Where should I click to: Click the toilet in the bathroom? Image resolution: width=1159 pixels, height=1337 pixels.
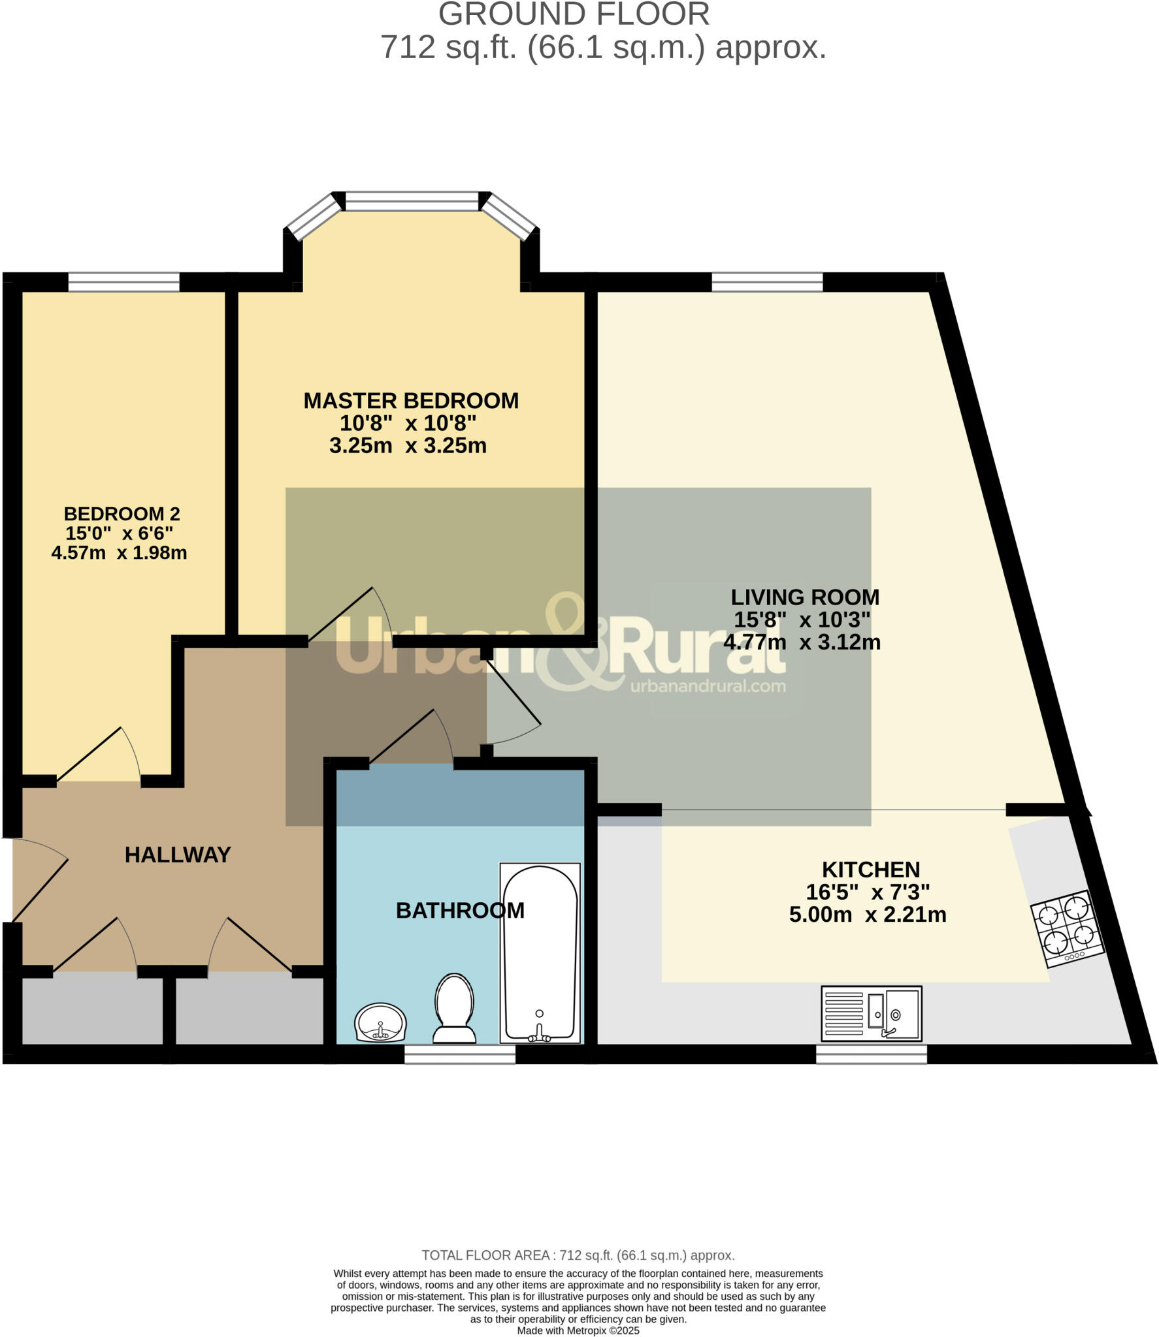pyautogui.click(x=454, y=1009)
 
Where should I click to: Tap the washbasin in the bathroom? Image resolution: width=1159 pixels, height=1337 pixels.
pyautogui.click(x=381, y=1023)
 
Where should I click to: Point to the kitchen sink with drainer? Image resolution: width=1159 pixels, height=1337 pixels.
pyautogui.click(x=871, y=1014)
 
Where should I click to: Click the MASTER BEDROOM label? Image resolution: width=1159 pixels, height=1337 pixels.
pyautogui.click(x=411, y=401)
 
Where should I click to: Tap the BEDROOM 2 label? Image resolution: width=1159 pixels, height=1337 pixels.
pyautogui.click(x=122, y=514)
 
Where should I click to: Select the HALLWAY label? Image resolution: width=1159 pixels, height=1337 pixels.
pyautogui.click(x=178, y=855)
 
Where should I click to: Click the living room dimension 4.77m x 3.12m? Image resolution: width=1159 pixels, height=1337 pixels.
pyautogui.click(x=802, y=642)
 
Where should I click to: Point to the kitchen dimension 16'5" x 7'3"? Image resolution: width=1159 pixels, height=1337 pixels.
pyautogui.click(x=868, y=892)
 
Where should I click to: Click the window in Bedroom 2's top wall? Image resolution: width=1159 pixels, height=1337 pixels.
pyautogui.click(x=123, y=282)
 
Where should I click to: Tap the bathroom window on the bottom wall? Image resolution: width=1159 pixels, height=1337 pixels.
pyautogui.click(x=460, y=1054)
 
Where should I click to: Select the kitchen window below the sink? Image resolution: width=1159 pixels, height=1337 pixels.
pyautogui.click(x=871, y=1054)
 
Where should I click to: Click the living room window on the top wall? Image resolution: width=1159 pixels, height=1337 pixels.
pyautogui.click(x=767, y=282)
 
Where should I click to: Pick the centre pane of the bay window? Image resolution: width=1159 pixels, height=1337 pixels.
pyautogui.click(x=412, y=201)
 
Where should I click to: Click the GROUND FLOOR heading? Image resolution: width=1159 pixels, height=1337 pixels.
pyautogui.click(x=574, y=14)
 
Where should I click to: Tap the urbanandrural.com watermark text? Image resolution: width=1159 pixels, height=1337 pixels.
pyautogui.click(x=708, y=686)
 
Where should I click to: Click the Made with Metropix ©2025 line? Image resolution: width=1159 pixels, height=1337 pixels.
pyautogui.click(x=578, y=1330)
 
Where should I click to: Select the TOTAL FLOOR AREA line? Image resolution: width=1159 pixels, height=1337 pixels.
pyautogui.click(x=578, y=1255)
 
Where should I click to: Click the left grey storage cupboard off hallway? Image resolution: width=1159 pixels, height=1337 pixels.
pyautogui.click(x=92, y=1011)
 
